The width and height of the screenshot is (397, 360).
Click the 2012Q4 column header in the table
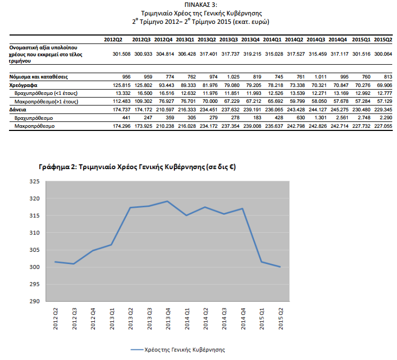coord(163,39)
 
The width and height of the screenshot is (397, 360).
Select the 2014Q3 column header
coord(316,39)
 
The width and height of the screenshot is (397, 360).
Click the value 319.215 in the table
coord(250,54)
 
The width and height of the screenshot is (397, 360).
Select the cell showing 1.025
coord(230,77)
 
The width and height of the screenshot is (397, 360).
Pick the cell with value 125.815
coord(122,85)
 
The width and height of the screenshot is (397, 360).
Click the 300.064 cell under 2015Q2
coord(383,54)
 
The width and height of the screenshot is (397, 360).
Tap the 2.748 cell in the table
coord(363,117)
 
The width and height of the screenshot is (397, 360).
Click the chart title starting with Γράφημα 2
coord(137,166)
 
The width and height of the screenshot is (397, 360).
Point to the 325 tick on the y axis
coord(36,181)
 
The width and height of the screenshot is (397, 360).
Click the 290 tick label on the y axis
coord(36,301)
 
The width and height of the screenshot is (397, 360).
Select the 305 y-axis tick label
coord(36,250)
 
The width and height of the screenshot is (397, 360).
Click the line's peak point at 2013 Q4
coord(167,201)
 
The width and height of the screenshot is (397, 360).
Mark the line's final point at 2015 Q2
coord(280,267)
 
